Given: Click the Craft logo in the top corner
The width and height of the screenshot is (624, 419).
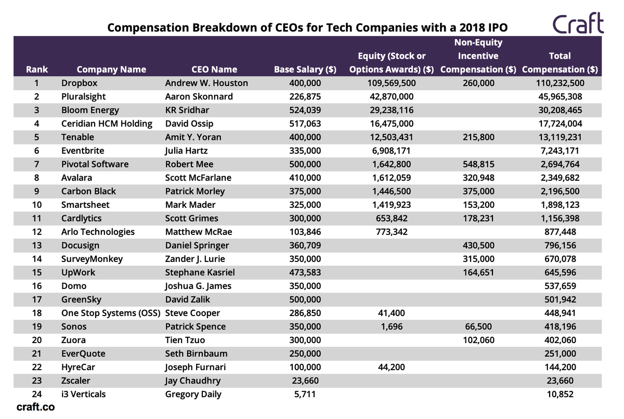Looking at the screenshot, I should tap(578, 23).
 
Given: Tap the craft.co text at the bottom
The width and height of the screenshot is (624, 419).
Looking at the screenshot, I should tap(35, 407).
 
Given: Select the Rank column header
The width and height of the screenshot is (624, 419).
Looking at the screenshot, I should tap(37, 69).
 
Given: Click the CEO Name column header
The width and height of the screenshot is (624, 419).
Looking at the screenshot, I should tap(214, 69).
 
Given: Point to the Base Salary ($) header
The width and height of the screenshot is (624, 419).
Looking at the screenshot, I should tap(305, 69).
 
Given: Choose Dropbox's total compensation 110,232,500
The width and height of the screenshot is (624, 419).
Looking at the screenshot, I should tap(560, 83).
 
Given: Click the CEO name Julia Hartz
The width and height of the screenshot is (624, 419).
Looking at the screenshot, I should tap(187, 151).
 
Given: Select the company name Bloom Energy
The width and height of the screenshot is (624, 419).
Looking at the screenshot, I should tap(90, 110).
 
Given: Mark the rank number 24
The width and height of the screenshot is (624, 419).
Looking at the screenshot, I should tap(37, 394).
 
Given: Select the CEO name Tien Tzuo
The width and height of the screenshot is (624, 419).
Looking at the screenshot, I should tap(185, 340).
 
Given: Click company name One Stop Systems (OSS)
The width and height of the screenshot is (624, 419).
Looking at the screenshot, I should tap(111, 313).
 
